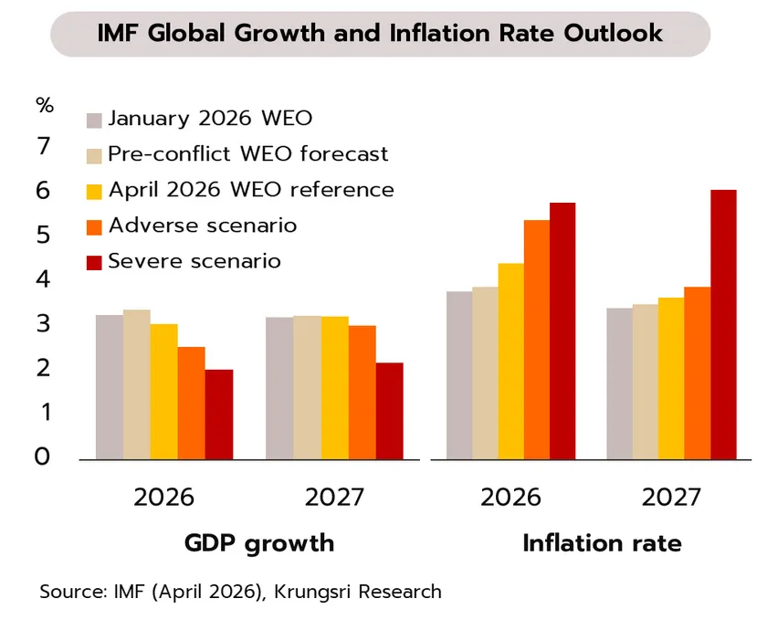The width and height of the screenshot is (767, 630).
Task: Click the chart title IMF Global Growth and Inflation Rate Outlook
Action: click(380, 34)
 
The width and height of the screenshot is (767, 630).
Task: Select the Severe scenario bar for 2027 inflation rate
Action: click(724, 324)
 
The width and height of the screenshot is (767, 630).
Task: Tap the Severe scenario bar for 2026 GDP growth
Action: click(219, 414)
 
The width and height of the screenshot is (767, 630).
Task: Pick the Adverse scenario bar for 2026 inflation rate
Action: click(536, 339)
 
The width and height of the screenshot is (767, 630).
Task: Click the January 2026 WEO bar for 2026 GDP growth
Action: click(110, 386)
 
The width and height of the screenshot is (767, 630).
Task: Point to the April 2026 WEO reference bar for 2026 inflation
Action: click(510, 361)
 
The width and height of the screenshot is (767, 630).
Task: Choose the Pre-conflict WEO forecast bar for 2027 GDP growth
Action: click(307, 387)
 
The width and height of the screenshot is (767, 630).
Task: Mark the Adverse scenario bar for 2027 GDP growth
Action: click(362, 392)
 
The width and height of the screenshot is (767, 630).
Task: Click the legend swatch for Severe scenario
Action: click(94, 262)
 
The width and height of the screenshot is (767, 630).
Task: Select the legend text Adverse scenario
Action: click(202, 225)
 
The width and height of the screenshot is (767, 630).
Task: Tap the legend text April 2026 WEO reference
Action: click(251, 190)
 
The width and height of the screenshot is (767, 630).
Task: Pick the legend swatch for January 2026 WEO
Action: click(94, 120)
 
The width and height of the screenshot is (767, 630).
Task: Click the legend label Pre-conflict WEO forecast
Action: click(247, 154)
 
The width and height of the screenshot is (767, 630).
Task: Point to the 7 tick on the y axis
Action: click(43, 146)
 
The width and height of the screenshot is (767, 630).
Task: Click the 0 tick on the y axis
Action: click(43, 457)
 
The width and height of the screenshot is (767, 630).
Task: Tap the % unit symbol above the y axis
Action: click(45, 104)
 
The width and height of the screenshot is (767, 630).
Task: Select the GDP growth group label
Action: click(258, 543)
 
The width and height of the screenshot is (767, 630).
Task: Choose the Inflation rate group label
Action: click(602, 543)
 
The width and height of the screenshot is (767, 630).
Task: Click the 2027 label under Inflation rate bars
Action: click(671, 498)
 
